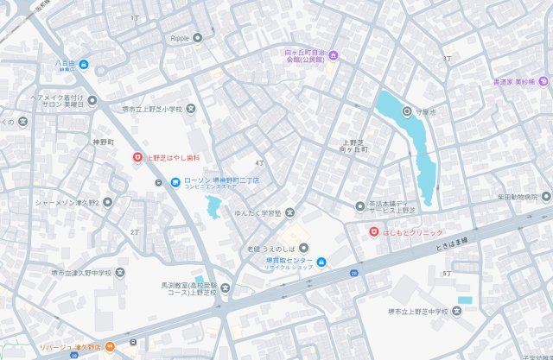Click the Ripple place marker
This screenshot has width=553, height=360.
(198, 37)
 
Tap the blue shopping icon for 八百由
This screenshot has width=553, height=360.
(84, 64)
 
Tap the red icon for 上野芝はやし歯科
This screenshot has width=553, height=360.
(137, 157)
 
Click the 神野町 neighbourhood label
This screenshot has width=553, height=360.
(104, 141)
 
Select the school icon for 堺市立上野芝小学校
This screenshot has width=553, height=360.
(192, 109)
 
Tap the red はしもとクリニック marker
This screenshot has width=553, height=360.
(373, 232)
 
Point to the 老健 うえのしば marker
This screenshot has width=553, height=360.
(290, 249)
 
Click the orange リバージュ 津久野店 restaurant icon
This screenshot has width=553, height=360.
(110, 347)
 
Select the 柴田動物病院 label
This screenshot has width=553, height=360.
(522, 198)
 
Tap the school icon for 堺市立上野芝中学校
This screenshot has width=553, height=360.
(457, 311)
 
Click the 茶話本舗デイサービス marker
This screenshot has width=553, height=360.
(359, 205)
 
